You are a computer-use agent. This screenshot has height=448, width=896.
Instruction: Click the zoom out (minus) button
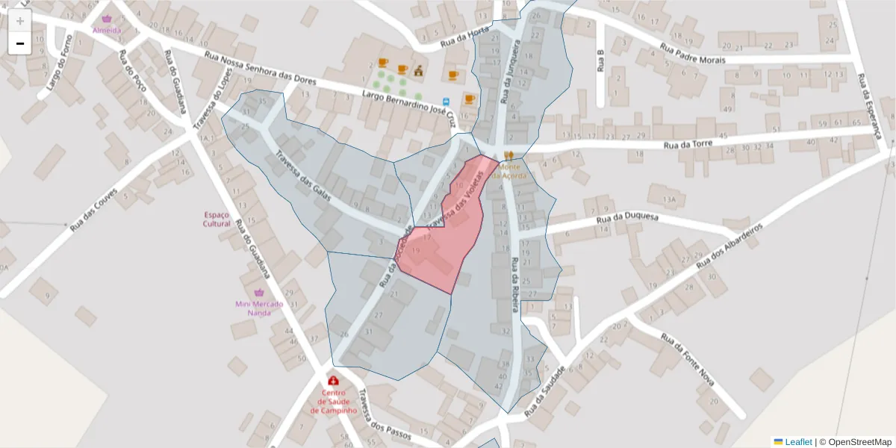20,43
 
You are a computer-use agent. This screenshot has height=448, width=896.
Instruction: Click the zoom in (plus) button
20,21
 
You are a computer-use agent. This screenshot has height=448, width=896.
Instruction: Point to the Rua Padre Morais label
692,53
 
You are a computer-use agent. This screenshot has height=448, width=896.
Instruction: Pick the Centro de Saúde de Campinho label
334,402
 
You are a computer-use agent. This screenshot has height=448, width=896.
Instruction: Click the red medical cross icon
333,381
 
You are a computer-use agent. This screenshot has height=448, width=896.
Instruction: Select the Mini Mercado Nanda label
259,308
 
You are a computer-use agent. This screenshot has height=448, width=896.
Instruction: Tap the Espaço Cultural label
217,219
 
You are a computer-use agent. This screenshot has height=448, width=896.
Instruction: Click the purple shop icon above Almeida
107,19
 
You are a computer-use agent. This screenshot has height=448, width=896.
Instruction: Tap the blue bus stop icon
447,102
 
